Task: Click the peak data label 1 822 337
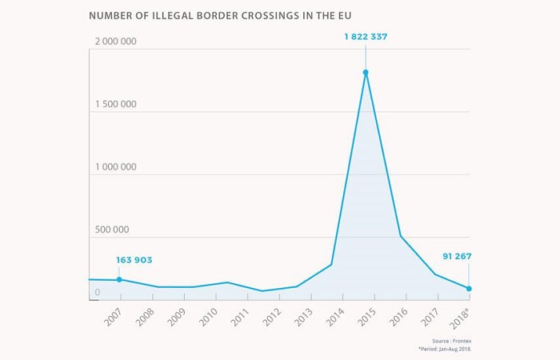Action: tap(365, 37)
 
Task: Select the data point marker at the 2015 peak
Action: tap(366, 73)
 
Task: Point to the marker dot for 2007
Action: tap(119, 280)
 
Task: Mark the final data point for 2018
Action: tap(469, 289)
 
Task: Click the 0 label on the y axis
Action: tap(97, 293)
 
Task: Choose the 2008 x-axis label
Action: tap(145, 315)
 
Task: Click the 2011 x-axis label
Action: tap(239, 315)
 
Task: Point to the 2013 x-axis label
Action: tap(303, 315)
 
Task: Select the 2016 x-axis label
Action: tap(398, 315)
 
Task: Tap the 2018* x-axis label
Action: tap(460, 316)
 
